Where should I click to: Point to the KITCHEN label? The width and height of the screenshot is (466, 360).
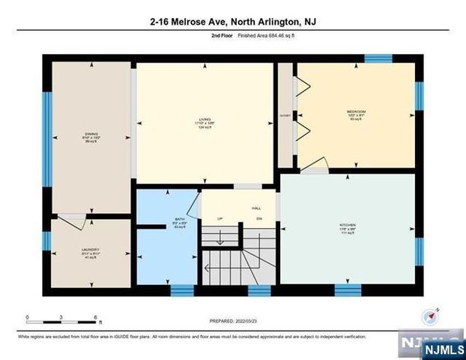point(346,224)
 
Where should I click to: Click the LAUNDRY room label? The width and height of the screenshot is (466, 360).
point(91,250)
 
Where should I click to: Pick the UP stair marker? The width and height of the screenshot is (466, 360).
point(220,218)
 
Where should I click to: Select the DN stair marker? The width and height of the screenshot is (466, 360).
point(259,218)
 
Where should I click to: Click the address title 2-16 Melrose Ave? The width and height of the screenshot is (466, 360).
point(232,22)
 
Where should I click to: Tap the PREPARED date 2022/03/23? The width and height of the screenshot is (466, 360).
point(232,320)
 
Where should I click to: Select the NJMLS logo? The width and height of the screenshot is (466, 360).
point(444,349)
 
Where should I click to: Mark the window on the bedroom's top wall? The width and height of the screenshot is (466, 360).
point(378,58)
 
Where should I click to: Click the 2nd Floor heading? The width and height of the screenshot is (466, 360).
point(223,35)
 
